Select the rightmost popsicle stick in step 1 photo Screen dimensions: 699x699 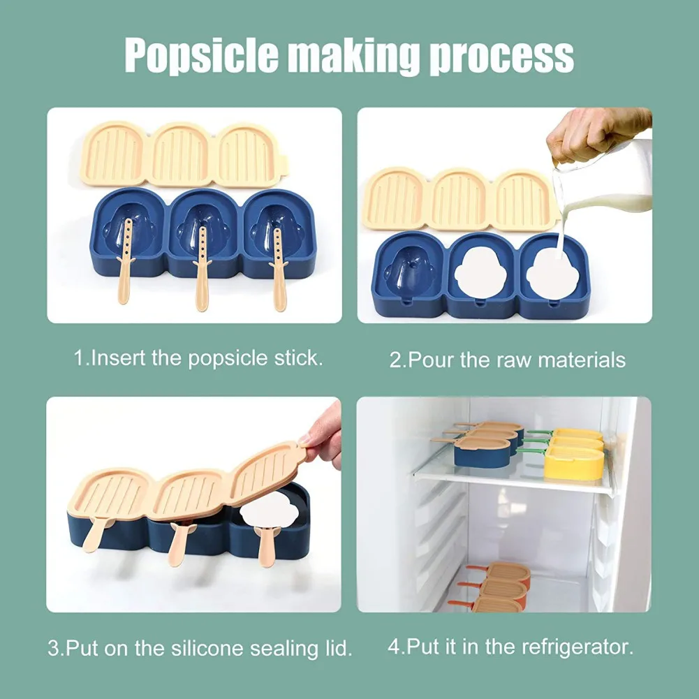[279, 269]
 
